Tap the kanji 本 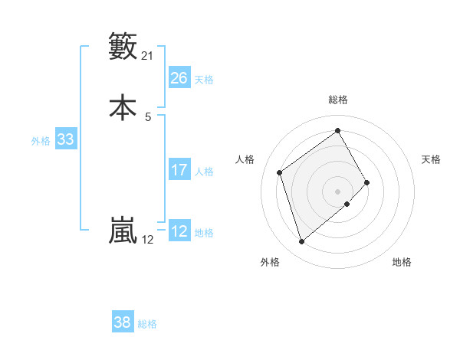(123, 107)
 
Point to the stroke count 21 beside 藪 (148, 55)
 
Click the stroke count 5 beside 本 (148, 116)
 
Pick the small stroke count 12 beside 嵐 (148, 240)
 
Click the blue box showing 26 (179, 78)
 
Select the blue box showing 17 (179, 170)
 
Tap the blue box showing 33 (65, 139)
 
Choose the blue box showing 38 (123, 322)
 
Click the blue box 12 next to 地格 (179, 231)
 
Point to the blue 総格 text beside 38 (147, 324)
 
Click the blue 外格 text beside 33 (41, 141)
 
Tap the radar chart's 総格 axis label (338, 100)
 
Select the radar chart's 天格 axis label (431, 159)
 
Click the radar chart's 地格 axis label (402, 262)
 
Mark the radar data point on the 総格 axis (338, 131)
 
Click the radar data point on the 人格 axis (280, 172)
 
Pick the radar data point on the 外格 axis (302, 242)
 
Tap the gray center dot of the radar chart (338, 191)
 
